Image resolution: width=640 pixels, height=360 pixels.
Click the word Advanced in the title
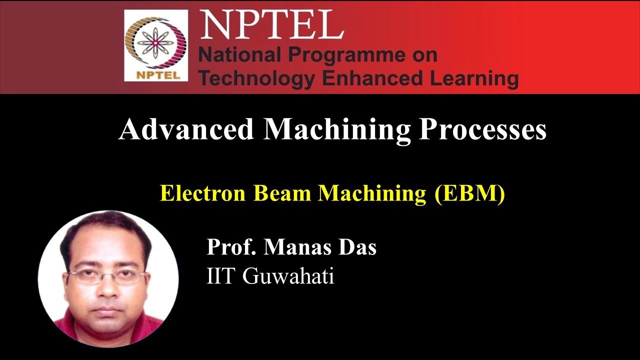186,129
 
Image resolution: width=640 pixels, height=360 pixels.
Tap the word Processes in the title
482,129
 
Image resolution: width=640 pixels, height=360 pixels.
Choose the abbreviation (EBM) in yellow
469,193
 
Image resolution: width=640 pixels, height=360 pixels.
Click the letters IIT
220,276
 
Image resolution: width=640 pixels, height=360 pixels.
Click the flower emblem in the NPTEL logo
155,42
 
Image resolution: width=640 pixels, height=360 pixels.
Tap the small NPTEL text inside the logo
155,76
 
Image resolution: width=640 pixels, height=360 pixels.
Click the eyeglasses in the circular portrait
107,276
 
